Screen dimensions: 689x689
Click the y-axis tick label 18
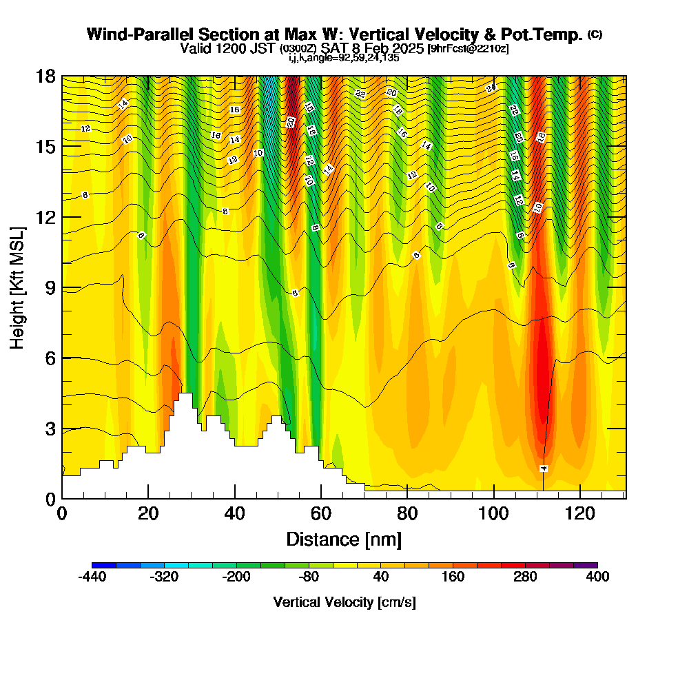click(x=45, y=76)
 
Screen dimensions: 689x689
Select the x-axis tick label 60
click(x=321, y=514)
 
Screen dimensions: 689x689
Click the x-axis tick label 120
click(x=580, y=514)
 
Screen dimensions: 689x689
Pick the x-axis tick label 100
click(x=493, y=514)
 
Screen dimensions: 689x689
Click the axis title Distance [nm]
click(x=344, y=539)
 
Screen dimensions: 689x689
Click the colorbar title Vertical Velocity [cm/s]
click(x=344, y=602)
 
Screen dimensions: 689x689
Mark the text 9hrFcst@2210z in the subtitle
click(x=469, y=48)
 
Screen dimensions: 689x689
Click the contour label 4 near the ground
click(x=544, y=469)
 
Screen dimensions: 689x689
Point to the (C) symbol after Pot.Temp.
click(x=595, y=34)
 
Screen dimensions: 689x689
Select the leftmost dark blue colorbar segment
click(x=103, y=565)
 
